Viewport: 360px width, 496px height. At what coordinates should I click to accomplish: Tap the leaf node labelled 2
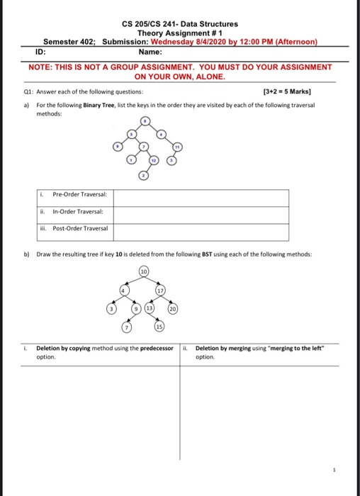143,174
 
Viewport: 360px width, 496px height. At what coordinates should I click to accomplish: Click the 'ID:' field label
42,52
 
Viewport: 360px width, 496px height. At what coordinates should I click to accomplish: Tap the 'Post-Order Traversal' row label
74,230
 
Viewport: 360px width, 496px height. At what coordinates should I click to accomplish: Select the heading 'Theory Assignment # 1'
179,33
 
